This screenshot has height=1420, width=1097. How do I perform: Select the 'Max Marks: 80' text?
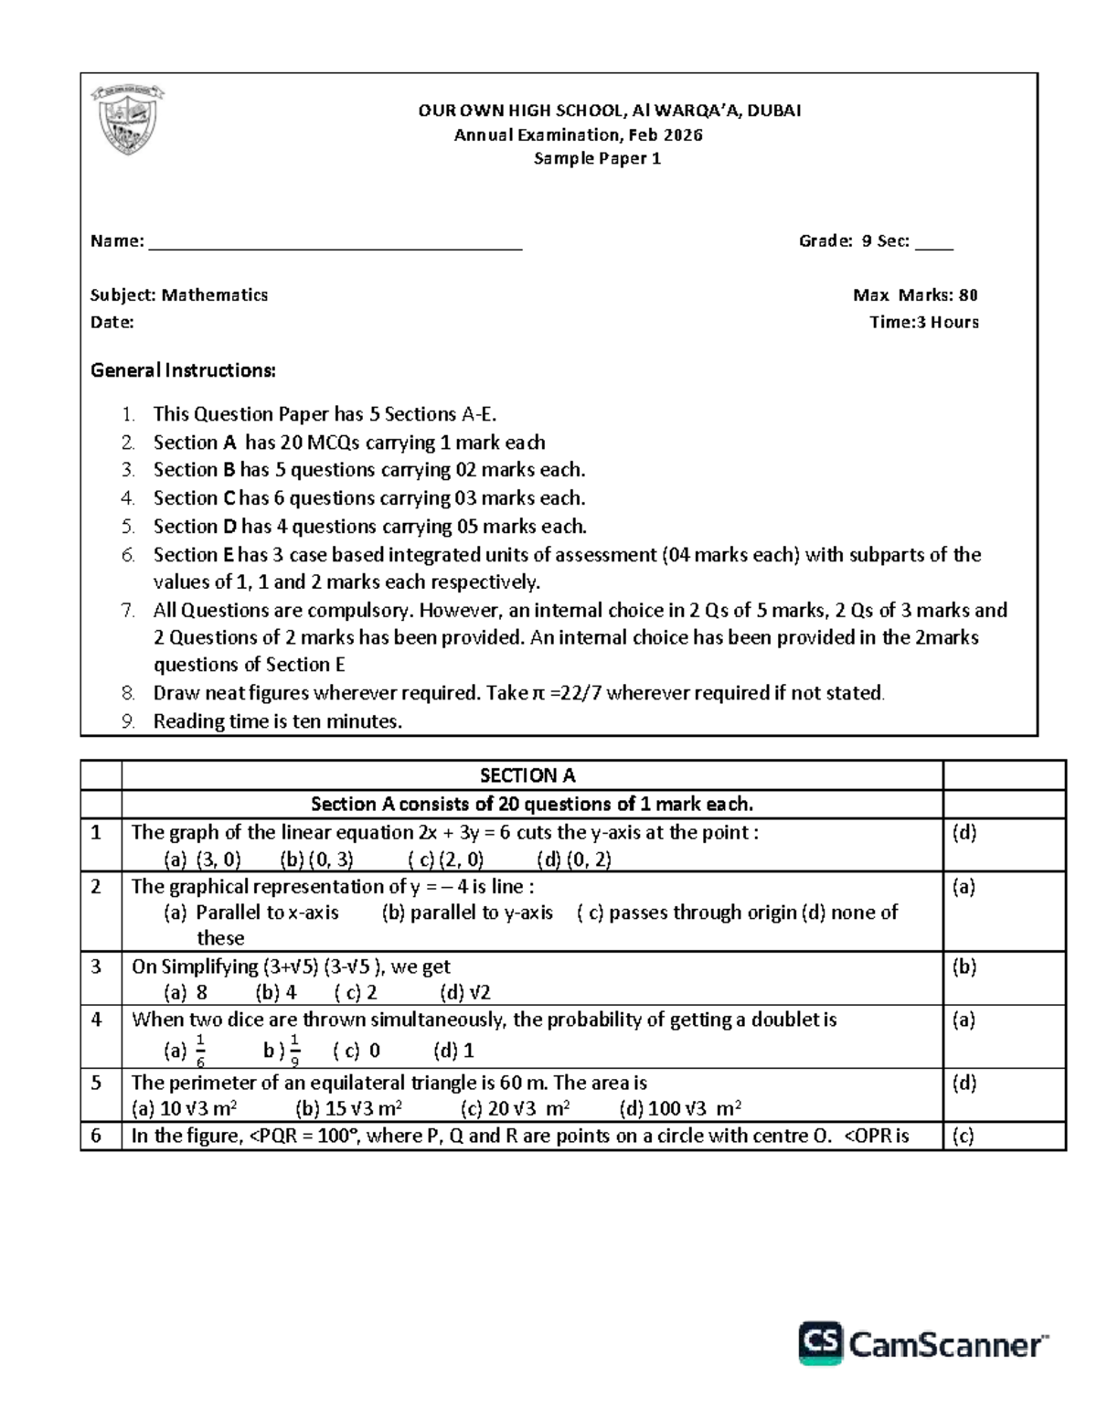915,295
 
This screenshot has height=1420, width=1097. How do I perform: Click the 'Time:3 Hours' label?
923,323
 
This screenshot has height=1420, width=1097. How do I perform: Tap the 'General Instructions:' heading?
183,370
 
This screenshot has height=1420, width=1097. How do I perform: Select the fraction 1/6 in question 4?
200,1052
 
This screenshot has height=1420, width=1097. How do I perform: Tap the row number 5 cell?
97,1084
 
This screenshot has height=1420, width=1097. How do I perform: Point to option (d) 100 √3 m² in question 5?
680,1109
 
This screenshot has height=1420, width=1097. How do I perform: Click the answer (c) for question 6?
964,1137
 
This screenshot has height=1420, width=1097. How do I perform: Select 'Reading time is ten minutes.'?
277,721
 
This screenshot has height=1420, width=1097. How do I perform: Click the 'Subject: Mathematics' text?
179,295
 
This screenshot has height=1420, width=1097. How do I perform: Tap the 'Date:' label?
112,323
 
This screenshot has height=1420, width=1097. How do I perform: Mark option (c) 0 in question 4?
357,1052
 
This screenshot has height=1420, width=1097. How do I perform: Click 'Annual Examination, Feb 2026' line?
579,135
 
